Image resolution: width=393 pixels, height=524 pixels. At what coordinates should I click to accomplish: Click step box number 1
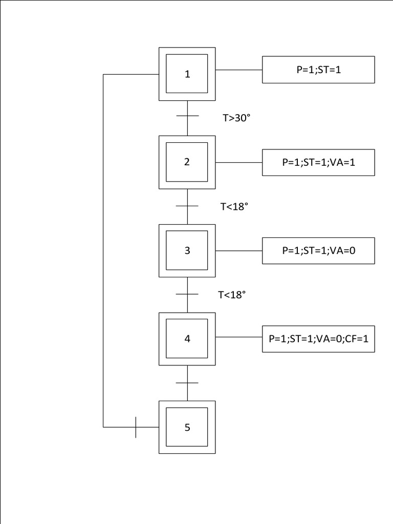pos(187,74)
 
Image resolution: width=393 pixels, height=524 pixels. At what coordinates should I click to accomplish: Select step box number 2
pos(187,162)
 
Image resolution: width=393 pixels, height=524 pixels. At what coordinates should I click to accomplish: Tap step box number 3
pos(187,251)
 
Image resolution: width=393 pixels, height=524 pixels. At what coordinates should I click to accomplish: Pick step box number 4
pos(187,339)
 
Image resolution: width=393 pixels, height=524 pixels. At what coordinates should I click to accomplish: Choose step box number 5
pos(187,427)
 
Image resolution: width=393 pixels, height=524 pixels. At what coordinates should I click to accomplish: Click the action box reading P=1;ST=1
pos(318,70)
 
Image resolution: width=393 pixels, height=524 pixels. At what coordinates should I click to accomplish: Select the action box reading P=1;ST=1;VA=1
pos(318,162)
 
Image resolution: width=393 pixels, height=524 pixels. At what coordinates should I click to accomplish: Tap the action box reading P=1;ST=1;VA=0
pos(318,251)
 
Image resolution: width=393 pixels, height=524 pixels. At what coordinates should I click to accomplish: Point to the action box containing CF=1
pos(318,339)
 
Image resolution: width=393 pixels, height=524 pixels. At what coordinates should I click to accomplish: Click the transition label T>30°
pos(236,118)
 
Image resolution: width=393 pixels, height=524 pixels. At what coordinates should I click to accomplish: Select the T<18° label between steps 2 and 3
pos(234,206)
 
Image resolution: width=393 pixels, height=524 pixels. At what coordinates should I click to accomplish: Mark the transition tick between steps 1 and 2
pos(187,116)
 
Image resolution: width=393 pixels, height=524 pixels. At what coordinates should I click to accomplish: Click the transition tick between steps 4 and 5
pos(187,383)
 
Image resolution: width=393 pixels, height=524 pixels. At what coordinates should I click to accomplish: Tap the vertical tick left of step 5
pos(136,427)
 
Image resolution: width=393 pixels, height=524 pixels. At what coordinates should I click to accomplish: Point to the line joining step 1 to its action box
pos(238,70)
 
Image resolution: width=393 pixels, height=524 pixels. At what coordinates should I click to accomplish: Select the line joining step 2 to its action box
pos(238,162)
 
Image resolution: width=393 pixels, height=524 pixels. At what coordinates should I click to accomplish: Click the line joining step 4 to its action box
pos(238,338)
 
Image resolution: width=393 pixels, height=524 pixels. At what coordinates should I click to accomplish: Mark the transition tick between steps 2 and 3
pos(187,206)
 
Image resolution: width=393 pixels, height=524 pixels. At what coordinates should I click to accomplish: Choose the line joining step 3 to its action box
pos(238,251)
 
